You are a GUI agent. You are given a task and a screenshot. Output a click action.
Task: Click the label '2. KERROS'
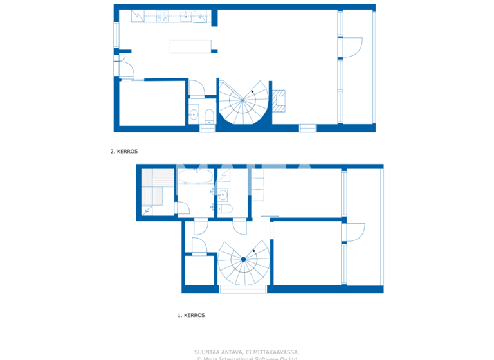click(x=124, y=152)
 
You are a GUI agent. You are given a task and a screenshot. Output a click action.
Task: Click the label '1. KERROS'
click(x=191, y=316)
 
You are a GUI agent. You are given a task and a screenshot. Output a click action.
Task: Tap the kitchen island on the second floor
click(x=190, y=46)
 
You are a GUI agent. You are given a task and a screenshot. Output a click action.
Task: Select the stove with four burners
click(x=163, y=16)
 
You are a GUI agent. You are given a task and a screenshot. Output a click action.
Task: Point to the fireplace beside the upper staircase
click(x=279, y=100)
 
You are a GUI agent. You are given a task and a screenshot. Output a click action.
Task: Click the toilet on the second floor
click(x=208, y=116)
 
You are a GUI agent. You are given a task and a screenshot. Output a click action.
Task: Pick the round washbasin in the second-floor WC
click(x=194, y=115)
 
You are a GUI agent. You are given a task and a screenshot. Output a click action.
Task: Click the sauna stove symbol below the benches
click(x=148, y=209)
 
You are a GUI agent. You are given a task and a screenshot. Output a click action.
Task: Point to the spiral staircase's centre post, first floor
click(x=244, y=260)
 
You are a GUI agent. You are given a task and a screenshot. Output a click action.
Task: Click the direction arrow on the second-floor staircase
click(x=253, y=92)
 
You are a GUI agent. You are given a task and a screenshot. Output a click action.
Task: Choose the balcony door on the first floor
click(x=355, y=232)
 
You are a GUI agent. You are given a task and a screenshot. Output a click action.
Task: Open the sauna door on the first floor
click(x=181, y=208)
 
